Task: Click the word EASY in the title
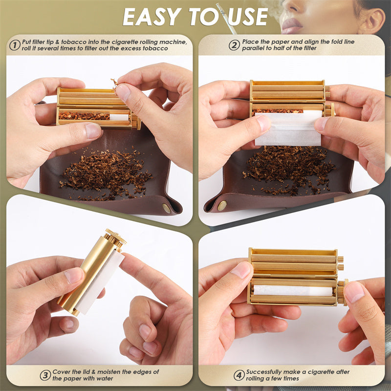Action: (x=152, y=17)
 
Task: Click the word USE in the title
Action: (x=248, y=17)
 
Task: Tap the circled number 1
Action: (x=15, y=45)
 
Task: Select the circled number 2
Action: (x=234, y=45)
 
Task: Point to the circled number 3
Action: (x=45, y=375)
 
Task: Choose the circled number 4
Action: (x=239, y=375)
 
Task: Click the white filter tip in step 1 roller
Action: (x=119, y=117)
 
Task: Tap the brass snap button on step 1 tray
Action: (x=167, y=208)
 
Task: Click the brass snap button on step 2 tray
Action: (x=222, y=206)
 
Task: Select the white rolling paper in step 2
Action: (x=288, y=129)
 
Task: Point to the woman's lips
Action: (x=291, y=26)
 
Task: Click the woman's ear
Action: (x=371, y=21)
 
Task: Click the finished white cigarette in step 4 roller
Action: (x=293, y=290)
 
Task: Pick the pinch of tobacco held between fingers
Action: (x=115, y=83)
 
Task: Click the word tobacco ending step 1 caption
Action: (x=155, y=48)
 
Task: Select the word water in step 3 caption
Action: (x=106, y=378)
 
